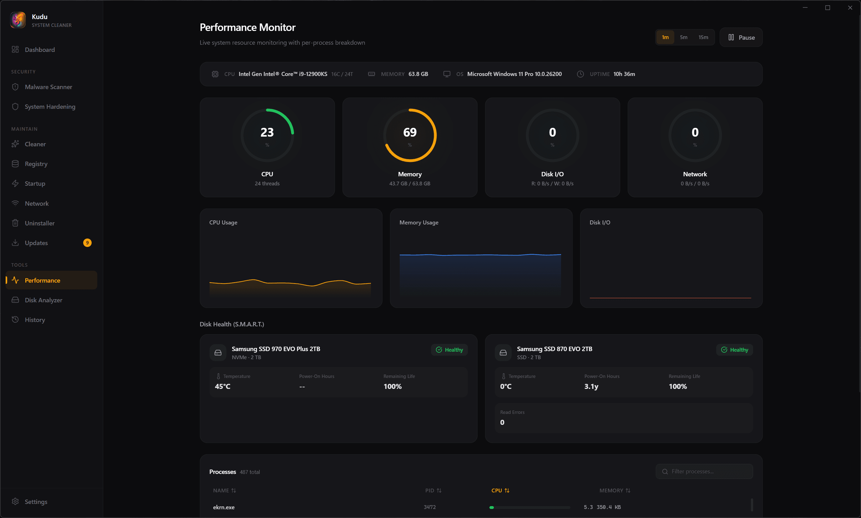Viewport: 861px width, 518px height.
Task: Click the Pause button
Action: point(741,37)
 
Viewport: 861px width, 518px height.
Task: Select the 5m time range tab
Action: point(683,37)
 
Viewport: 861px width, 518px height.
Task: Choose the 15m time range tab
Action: point(703,37)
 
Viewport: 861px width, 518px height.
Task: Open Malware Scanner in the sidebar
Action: point(48,87)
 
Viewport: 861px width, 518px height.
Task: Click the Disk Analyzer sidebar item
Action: point(43,300)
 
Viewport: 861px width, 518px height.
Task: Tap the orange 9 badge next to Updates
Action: point(87,243)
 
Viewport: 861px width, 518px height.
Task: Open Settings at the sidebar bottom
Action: point(36,502)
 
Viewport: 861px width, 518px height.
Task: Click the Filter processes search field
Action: point(709,471)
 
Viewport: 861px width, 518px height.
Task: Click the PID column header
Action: point(433,490)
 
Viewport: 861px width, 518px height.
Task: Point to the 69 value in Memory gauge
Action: point(410,132)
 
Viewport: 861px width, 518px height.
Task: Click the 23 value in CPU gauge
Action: point(267,132)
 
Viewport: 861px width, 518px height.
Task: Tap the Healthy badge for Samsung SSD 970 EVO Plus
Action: point(449,350)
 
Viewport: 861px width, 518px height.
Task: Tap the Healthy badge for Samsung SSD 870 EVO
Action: point(735,350)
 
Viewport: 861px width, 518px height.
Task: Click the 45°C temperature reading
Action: point(222,386)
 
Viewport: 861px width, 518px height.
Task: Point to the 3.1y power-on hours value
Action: point(591,386)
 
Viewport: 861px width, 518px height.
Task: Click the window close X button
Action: point(850,8)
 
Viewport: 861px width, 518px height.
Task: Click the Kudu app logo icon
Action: point(18,20)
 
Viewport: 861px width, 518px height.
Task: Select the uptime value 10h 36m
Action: point(624,74)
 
